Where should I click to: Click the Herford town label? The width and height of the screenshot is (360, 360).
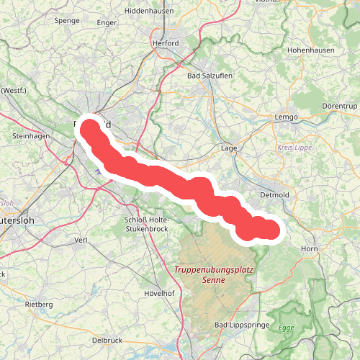pyautogui.click(x=165, y=43)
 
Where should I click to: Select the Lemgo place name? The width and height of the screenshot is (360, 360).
pyautogui.click(x=286, y=117)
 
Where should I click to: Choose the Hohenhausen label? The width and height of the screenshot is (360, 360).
pyautogui.click(x=312, y=53)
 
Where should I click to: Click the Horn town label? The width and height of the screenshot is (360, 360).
pyautogui.click(x=309, y=248)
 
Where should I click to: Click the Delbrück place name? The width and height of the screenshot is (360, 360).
pyautogui.click(x=107, y=340)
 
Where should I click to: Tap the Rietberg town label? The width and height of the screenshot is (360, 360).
pyautogui.click(x=39, y=305)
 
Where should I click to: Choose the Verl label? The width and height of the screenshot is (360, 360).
pyautogui.click(x=81, y=240)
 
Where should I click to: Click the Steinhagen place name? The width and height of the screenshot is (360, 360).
pyautogui.click(x=30, y=135)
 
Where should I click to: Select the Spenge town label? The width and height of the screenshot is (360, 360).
pyautogui.click(x=66, y=22)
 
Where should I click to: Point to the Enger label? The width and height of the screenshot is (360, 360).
pyautogui.click(x=107, y=23)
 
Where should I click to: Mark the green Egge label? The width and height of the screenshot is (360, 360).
pyautogui.click(x=287, y=328)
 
